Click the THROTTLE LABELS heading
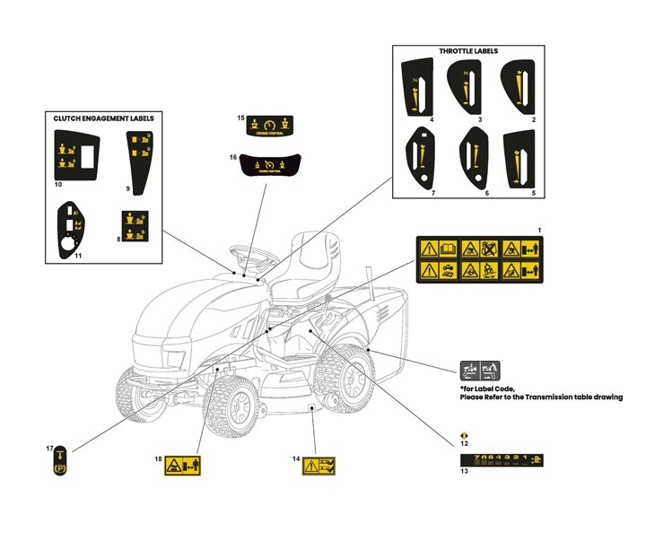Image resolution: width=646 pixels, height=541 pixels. click(468, 51)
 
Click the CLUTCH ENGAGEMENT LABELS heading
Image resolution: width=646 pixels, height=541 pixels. click(103, 118)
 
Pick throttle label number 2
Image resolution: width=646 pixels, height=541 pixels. click(519, 87)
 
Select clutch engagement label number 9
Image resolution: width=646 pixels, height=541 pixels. click(139, 157)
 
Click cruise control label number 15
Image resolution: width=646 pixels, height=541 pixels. click(268, 126)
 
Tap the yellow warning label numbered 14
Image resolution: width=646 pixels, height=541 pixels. click(319, 465)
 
